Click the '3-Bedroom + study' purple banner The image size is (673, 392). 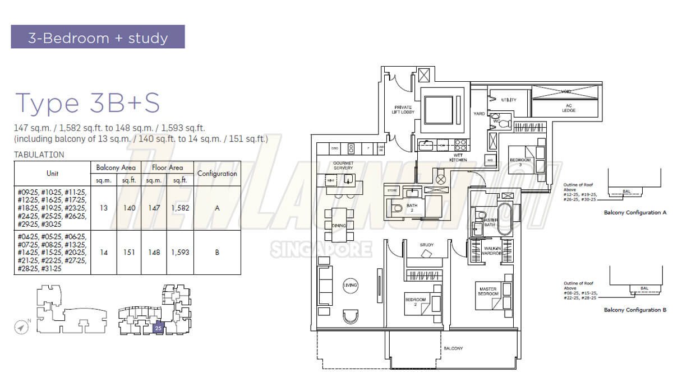98,38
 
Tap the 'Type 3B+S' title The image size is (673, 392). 87,103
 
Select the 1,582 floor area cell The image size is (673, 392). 180,208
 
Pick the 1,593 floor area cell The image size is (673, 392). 180,253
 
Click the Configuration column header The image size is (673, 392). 217,174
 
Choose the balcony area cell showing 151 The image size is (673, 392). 130,253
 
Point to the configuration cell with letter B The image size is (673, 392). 217,253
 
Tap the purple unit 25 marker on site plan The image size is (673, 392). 158,328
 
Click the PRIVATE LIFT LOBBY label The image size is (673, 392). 403,109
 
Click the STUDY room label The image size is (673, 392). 427,245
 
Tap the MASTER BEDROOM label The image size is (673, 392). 488,292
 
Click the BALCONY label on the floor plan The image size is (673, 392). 453,348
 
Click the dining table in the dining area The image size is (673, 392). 339,225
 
